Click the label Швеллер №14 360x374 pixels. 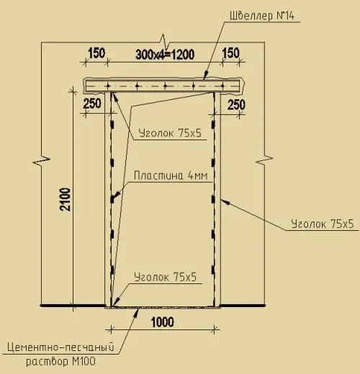[262, 16]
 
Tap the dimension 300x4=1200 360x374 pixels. [165, 55]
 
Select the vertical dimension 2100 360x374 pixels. [66, 199]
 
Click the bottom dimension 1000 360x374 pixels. [163, 322]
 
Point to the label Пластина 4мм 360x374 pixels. [171, 175]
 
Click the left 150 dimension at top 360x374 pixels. [96, 53]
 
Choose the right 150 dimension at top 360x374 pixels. [230, 53]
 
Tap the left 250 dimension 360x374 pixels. [92, 104]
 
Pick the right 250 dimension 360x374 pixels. [236, 105]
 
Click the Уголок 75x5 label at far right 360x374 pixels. [323, 224]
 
